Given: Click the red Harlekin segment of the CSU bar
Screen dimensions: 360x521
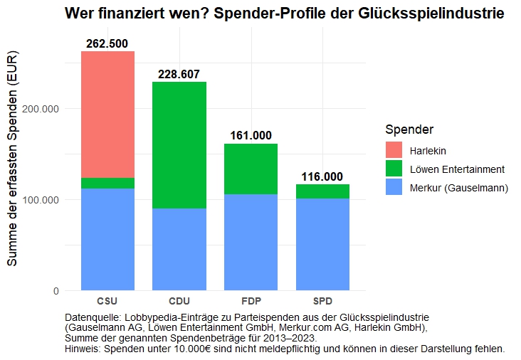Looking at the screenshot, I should pyautogui.click(x=107, y=114).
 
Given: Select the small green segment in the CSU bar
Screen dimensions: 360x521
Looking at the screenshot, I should pyautogui.click(x=107, y=183).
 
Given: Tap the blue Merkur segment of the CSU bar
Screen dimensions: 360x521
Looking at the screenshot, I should pyautogui.click(x=107, y=239).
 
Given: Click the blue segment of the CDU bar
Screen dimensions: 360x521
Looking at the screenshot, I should pyautogui.click(x=179, y=249).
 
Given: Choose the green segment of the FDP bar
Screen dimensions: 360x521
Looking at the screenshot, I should pyautogui.click(x=251, y=169).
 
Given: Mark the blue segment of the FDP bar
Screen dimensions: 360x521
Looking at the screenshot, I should pyautogui.click(x=251, y=242).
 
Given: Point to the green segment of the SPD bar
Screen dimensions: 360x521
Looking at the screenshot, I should pyautogui.click(x=322, y=191).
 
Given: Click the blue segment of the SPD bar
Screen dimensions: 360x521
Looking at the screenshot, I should pyautogui.click(x=322, y=244).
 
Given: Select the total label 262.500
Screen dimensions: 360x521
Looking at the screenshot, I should pyautogui.click(x=107, y=44).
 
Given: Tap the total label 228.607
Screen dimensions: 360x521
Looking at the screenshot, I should pyautogui.click(x=179, y=75).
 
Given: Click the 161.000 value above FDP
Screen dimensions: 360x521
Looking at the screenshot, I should pyautogui.click(x=251, y=136).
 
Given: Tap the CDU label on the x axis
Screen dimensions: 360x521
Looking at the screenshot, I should pyautogui.click(x=179, y=302).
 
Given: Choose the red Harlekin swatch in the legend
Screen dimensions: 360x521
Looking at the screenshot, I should pyautogui.click(x=394, y=151).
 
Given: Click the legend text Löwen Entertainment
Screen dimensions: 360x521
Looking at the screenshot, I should pyautogui.click(x=457, y=169).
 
